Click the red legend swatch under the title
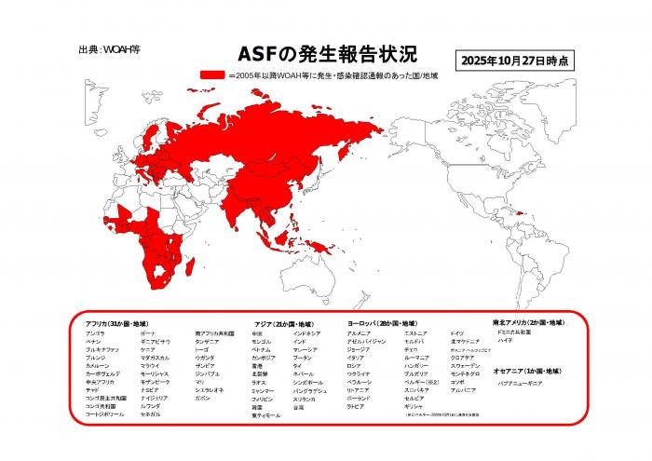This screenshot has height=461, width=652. coord(213,75)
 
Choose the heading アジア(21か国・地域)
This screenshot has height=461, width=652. coord(284,322)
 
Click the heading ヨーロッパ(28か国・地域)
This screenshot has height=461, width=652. coord(384,322)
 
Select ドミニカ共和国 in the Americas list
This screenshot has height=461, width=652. coord(514,332)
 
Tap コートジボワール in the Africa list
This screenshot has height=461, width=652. coord(103,414)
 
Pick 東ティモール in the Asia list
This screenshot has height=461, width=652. coord(266,415)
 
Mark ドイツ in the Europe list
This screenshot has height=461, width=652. coord(456,332)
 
